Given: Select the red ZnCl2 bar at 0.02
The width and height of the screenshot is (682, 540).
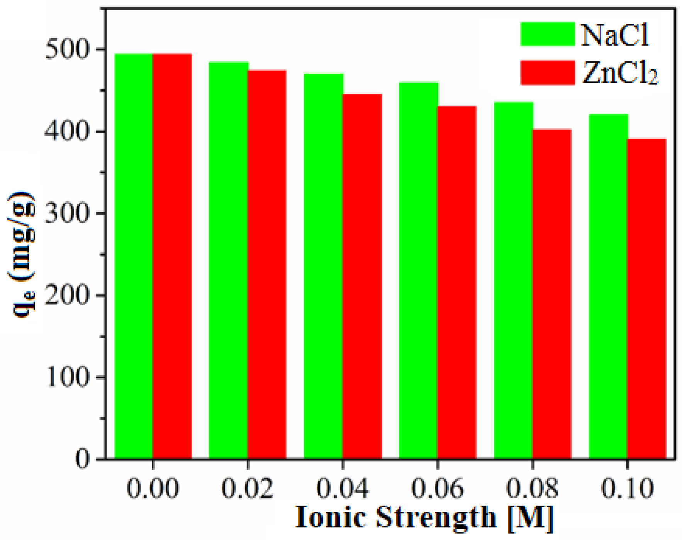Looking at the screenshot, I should (267, 264).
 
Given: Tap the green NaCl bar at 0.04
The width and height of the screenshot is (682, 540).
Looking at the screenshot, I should (324, 266).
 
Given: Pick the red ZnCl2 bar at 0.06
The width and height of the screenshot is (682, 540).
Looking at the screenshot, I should (457, 282).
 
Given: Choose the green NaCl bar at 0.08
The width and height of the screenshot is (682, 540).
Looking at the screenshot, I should (514, 280).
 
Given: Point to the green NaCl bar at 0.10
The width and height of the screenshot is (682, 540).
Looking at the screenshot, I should (608, 286).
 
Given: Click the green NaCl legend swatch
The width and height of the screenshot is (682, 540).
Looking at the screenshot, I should (547, 34).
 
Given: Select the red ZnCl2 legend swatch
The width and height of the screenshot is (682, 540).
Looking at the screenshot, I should (547, 72).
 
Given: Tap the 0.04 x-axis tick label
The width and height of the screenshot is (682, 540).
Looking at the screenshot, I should (343, 488).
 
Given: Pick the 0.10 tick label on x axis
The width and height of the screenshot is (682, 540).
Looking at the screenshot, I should (627, 488).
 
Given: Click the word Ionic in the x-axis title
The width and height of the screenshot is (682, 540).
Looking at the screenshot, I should (331, 517).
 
